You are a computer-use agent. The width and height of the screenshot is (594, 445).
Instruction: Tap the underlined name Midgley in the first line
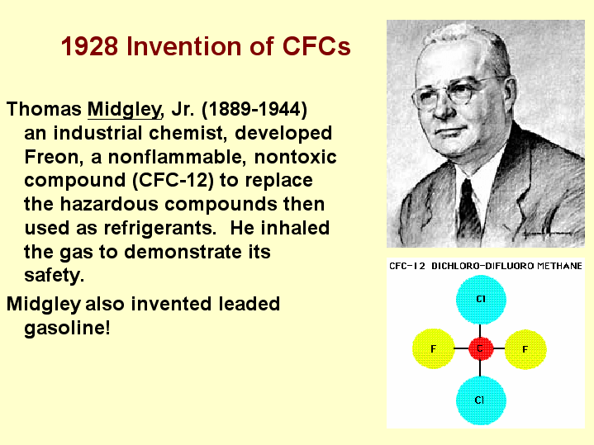tap(120, 109)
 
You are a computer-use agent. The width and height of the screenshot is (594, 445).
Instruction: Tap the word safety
tap(54, 275)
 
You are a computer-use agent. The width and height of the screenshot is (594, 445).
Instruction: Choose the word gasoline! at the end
tap(67, 328)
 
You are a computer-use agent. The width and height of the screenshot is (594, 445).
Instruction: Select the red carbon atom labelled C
tap(480, 349)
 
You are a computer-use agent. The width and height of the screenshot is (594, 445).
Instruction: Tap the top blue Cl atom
tap(480, 300)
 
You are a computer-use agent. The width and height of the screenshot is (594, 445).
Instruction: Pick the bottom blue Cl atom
tap(480, 399)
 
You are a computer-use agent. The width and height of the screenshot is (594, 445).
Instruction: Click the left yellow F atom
tap(434, 349)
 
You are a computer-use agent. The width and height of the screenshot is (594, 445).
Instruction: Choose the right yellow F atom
tap(525, 349)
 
